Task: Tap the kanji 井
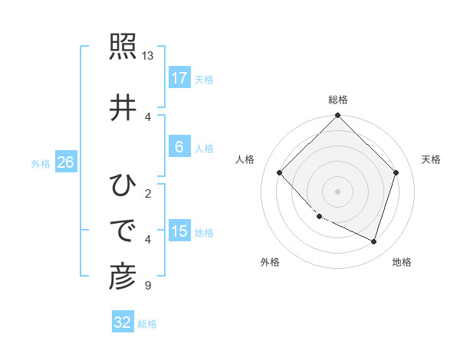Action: click(123, 108)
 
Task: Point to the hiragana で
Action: click(123, 230)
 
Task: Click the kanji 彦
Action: click(123, 277)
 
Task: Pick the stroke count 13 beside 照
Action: click(148, 56)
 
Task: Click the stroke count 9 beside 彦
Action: click(146, 286)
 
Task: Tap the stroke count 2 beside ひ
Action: click(147, 193)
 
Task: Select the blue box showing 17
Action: click(179, 77)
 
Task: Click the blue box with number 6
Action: click(179, 146)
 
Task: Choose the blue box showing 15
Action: click(179, 231)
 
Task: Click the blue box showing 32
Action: click(123, 322)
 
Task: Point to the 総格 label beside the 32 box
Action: click(147, 324)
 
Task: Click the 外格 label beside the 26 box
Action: click(41, 163)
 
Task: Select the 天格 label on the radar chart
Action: click(431, 159)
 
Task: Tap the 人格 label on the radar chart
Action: click(245, 159)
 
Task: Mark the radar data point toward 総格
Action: click(337, 116)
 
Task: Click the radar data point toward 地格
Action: click(373, 241)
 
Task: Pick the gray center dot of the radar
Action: click(337, 191)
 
